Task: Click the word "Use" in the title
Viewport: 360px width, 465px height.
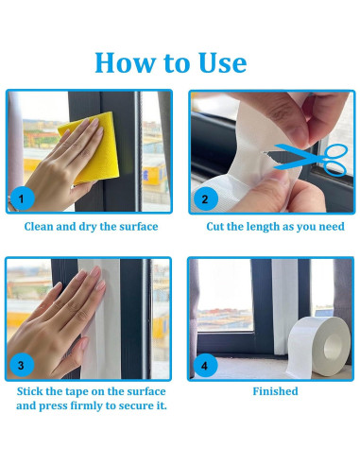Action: point(220,62)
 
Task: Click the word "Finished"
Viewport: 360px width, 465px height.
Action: point(275,391)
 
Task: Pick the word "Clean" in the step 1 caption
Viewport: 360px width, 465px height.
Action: point(41,227)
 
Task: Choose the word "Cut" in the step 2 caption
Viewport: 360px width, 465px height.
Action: point(216,227)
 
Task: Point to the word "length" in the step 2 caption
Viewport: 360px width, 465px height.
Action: point(268,227)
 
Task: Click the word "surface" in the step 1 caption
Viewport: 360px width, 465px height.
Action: point(137,227)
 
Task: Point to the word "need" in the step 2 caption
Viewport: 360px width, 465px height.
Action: point(329,227)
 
